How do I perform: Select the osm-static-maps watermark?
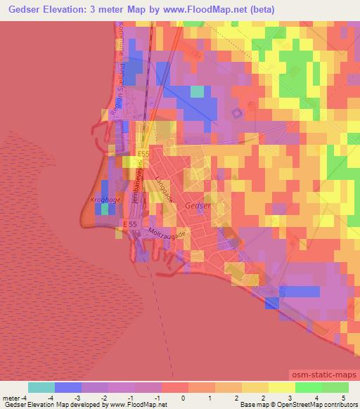click(x=324, y=378)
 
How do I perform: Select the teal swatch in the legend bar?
click(x=41, y=387)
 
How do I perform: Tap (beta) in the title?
click(x=259, y=10)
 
